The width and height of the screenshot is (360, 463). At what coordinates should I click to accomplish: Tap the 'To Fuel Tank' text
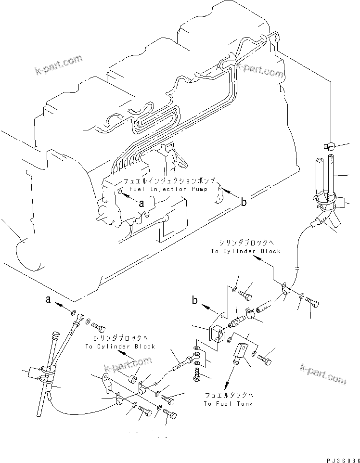[x=228, y=403]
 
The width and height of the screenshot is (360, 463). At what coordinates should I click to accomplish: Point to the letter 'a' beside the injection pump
[x=141, y=204]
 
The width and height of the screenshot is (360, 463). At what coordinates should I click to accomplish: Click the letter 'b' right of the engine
[x=244, y=202]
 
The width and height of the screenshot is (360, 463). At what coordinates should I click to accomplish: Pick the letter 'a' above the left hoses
[x=48, y=299]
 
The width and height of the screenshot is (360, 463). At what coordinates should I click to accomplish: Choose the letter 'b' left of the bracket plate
[x=194, y=302]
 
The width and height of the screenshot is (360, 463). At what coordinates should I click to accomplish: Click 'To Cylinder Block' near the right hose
[x=245, y=251]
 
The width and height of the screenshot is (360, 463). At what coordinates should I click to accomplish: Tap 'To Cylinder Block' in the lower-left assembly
[x=120, y=346]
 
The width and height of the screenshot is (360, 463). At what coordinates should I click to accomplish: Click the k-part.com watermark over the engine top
[x=260, y=67]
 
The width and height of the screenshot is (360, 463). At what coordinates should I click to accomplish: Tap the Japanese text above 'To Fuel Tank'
[x=228, y=395]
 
